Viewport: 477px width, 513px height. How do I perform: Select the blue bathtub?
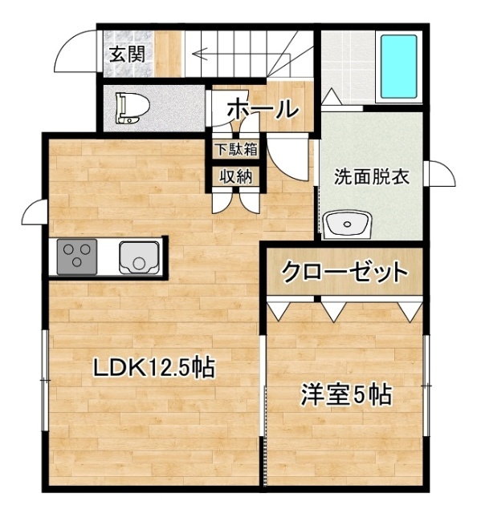point(397,63)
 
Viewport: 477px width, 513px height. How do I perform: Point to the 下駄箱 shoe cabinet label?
point(234,149)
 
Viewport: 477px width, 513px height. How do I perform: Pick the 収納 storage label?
point(234,176)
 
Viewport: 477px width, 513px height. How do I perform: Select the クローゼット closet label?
point(344,271)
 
